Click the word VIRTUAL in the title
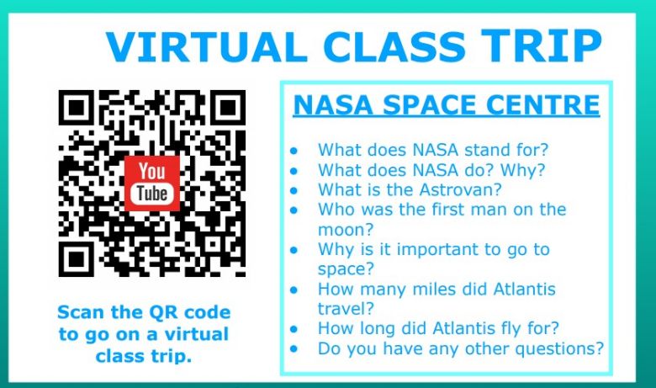coord(207,45)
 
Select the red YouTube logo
coord(152,183)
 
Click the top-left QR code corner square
coord(77,108)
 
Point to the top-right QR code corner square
coord(228,108)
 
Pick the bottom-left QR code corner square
coord(77,259)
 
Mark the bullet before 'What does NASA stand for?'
coord(294,151)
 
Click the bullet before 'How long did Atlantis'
coord(294,329)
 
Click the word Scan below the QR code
coord(82,312)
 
